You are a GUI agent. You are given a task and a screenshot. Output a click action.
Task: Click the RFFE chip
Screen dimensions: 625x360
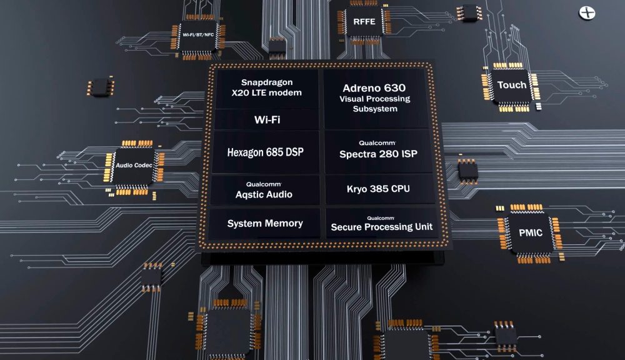[x=364, y=22]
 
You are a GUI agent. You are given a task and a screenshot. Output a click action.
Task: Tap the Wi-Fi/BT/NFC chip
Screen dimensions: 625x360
[x=199, y=36]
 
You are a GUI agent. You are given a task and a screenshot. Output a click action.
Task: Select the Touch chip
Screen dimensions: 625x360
[x=511, y=86]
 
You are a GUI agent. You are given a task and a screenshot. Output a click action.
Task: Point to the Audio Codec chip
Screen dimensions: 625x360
[x=134, y=166]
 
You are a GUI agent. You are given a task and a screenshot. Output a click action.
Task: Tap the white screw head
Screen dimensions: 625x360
[x=587, y=12]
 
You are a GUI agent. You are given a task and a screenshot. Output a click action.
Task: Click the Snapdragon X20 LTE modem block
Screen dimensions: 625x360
[x=267, y=88]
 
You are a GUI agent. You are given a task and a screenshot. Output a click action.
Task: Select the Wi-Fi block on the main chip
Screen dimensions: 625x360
[x=267, y=119]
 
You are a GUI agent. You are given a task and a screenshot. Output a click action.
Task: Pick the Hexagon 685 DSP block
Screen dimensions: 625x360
[x=266, y=152]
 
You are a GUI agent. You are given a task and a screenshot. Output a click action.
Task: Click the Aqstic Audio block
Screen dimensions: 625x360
[x=264, y=190]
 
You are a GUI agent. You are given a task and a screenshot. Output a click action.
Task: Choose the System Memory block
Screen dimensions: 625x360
[x=264, y=223]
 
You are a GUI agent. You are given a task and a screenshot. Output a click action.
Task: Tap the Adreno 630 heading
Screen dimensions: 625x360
[x=374, y=87]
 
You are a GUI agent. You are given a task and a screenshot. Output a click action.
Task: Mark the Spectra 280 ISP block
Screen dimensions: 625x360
[x=378, y=150]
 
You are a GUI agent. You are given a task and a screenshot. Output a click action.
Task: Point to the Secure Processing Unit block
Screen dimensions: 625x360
[x=382, y=223]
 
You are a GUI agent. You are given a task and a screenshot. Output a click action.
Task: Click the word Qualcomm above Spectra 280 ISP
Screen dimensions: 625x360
[x=377, y=142]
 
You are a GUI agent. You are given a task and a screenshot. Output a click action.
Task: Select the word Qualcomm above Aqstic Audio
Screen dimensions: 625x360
[x=264, y=184]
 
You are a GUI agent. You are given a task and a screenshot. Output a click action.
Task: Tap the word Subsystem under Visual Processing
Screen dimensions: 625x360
[x=375, y=109]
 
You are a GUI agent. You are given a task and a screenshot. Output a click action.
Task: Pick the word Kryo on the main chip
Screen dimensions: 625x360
[x=356, y=189]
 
